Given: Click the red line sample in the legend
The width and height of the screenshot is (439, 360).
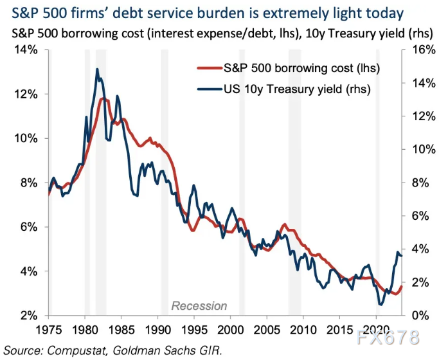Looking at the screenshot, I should [208, 67].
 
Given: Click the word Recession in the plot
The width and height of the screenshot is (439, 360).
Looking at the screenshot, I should [199, 305].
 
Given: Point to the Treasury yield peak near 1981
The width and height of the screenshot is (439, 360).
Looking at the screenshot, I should [97, 69].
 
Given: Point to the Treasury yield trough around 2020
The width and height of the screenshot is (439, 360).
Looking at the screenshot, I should [381, 304].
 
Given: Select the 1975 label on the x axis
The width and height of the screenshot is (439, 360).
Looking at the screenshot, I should [48, 330].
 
